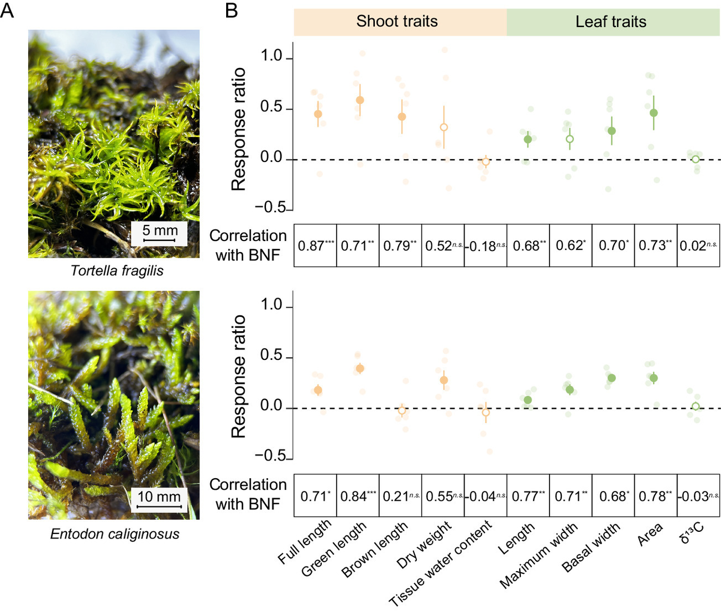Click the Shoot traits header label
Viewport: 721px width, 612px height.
[396, 22]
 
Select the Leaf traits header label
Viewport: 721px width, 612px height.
[610, 22]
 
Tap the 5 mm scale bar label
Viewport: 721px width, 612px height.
[160, 231]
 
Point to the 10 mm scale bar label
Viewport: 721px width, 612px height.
[159, 496]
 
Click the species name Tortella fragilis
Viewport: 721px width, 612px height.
[117, 271]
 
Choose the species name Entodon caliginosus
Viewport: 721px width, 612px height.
[114, 534]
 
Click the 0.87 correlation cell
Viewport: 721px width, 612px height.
[315, 246]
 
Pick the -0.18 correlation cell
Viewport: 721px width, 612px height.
[485, 246]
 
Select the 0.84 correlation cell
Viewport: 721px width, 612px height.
[358, 496]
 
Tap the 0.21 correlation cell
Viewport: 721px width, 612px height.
[400, 496]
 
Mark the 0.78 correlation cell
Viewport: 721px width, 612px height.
[656, 496]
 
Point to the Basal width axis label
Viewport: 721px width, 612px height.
[591, 547]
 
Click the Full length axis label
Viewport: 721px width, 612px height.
[305, 542]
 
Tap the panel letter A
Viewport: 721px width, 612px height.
[7, 10]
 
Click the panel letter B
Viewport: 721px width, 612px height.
[232, 10]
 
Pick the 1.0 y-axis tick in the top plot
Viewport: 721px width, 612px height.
[271, 56]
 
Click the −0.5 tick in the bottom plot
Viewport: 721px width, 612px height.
[270, 456]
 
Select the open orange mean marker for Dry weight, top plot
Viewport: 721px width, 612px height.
[443, 127]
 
